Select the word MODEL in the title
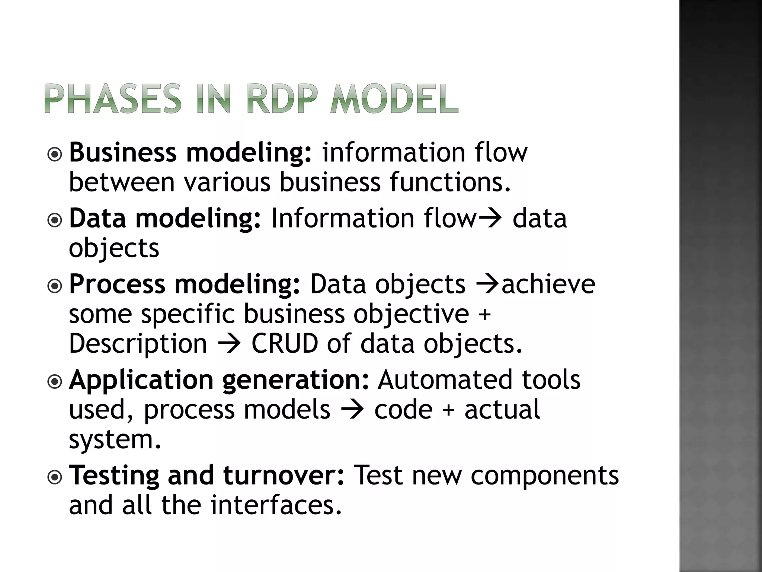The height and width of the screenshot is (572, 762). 394,99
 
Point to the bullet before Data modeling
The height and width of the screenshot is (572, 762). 55,220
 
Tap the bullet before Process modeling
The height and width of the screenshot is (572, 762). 55,286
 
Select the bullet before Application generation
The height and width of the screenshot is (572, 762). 55,382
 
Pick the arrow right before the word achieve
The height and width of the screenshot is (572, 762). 488,285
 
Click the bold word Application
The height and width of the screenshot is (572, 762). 142,381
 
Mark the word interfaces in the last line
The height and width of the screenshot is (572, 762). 276,505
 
